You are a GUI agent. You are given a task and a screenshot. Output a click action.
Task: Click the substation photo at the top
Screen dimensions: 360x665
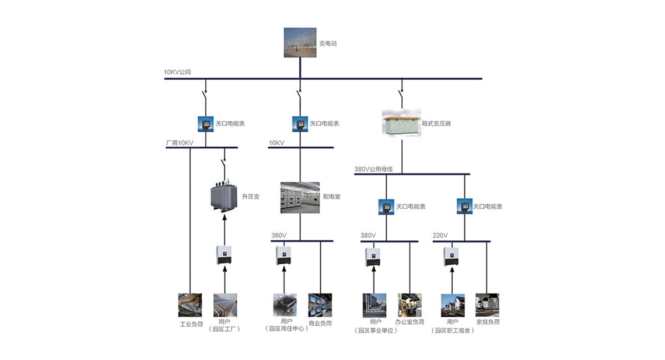pos(299,42)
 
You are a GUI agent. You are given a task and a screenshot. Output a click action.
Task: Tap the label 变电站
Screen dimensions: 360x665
pos(328,43)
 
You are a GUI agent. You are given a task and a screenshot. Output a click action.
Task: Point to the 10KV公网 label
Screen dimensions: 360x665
pos(177,72)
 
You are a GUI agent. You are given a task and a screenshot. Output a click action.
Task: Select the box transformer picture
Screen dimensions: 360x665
pos(402,123)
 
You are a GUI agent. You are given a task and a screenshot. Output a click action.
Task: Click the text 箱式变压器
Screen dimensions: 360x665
pos(436,124)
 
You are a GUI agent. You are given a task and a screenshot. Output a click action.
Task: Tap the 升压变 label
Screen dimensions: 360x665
pos(250,197)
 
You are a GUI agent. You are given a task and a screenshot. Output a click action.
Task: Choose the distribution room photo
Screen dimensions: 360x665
pos(300,198)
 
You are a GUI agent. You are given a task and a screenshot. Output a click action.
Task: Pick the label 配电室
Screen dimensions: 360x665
pos(331,197)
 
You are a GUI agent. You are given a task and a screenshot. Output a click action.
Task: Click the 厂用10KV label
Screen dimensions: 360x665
pos(180,143)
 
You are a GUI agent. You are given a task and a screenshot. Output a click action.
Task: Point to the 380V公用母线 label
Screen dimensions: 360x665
pos(374,169)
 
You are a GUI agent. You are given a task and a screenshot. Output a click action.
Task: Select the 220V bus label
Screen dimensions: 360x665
pos(440,235)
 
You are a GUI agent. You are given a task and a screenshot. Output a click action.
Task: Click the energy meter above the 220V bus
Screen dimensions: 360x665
pos(464,207)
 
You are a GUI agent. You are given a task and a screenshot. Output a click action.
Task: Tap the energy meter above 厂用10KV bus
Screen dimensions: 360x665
pos(206,124)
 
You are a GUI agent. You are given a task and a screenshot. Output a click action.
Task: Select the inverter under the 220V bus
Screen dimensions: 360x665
pos(451,256)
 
